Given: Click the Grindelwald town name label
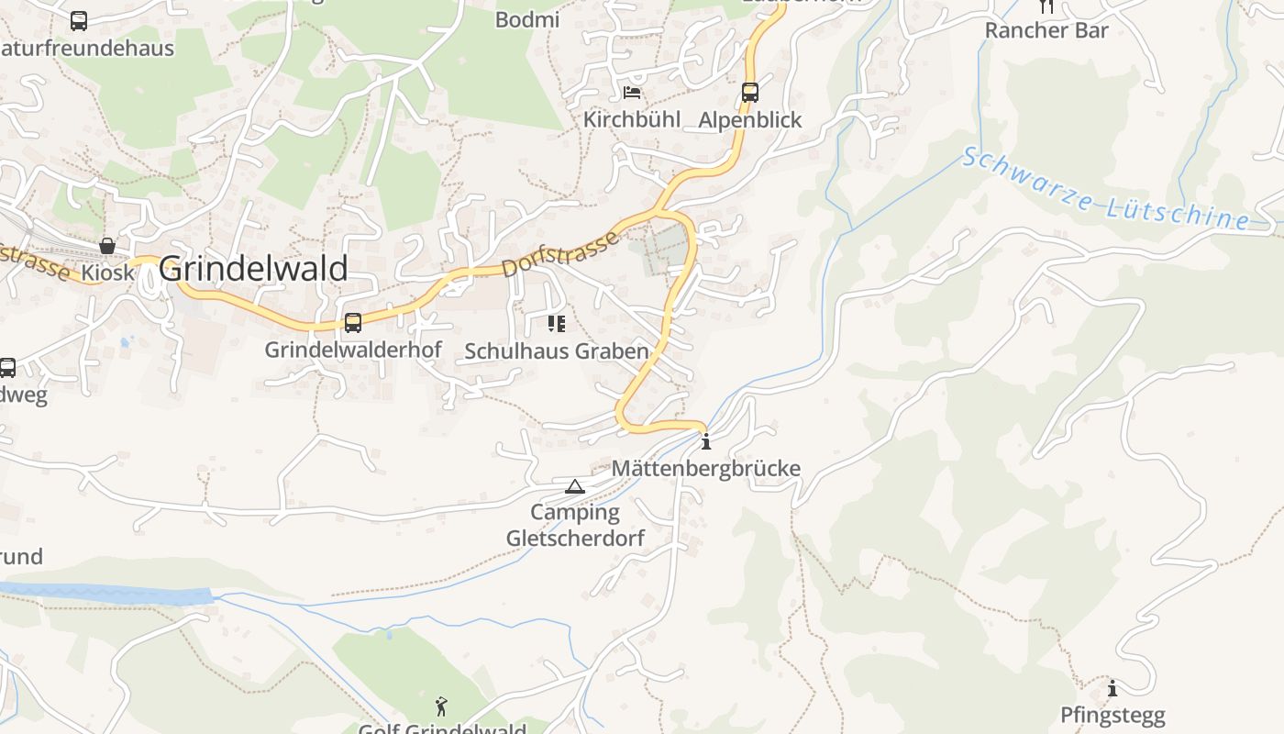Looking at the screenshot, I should tap(253, 269).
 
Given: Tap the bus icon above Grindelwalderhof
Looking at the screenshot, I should tap(353, 323).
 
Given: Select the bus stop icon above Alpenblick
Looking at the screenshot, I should tap(750, 93).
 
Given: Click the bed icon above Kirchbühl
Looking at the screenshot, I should tap(632, 93).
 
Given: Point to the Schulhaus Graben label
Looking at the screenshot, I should tap(556, 351).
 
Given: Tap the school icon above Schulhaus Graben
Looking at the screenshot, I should tap(556, 323).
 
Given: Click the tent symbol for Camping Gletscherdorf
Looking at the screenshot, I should tap(575, 486).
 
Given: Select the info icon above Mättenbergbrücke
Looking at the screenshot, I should tap(705, 443).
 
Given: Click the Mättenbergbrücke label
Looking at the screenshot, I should tap(706, 469).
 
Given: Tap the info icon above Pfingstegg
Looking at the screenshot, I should tap(1112, 688).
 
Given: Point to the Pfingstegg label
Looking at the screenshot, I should tap(1112, 715).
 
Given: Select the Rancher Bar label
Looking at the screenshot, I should tap(1046, 30).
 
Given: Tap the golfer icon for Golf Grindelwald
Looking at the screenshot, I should tap(442, 706).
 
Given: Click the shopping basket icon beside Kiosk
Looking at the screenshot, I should tap(107, 246).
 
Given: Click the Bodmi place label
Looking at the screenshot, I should tap(527, 19).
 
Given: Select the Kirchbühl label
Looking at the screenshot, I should tap(632, 119).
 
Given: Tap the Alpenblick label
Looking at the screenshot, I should tap(750, 119).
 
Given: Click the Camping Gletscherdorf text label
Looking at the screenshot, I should tap(575, 525).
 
